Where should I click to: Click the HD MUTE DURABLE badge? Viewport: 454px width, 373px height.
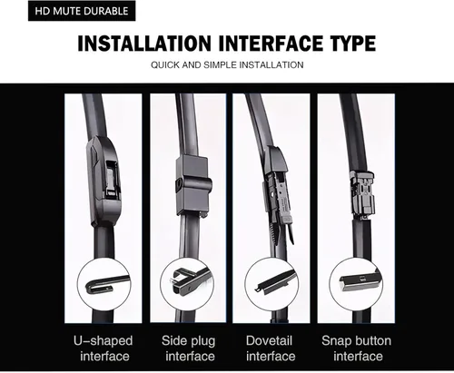pos(82,11)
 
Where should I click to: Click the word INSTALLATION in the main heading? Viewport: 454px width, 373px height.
pos(144,44)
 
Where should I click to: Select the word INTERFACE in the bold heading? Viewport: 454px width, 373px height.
pos(271,44)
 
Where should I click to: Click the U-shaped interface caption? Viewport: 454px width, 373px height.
pos(104,348)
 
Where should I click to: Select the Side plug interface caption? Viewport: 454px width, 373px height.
pos(189,348)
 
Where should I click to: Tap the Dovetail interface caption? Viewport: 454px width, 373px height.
pos(270,348)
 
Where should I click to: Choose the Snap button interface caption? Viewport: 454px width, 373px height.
pos(357,348)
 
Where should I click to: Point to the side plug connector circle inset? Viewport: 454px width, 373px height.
pos(187,285)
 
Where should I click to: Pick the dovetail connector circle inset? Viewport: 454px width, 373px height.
pos(271,285)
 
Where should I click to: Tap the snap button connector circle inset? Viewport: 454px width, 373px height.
pos(356,285)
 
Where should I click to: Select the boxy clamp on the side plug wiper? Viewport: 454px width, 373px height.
pos(193,185)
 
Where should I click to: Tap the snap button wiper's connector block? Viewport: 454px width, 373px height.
pos(362,193)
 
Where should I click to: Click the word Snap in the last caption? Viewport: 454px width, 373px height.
pos(336,341)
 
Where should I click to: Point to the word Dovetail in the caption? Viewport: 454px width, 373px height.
pos(269,340)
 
